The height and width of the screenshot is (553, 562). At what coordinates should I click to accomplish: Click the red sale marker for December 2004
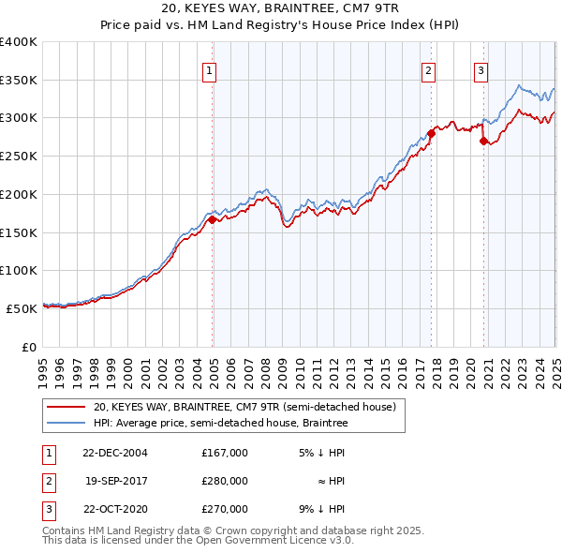pyautogui.click(x=213, y=220)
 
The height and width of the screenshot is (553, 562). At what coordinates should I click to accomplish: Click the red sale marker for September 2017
pyautogui.click(x=432, y=134)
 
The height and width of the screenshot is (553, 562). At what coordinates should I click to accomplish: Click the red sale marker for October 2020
pyautogui.click(x=484, y=142)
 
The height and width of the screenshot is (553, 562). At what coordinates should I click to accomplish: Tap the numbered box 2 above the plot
pyautogui.click(x=428, y=69)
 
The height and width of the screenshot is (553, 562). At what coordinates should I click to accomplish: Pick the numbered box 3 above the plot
pyautogui.click(x=481, y=69)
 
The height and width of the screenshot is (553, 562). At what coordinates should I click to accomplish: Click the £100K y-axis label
pyautogui.click(x=19, y=270)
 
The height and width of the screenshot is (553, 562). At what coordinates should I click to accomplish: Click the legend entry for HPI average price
pyautogui.click(x=220, y=424)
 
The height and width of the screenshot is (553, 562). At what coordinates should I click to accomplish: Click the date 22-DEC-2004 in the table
pyautogui.click(x=116, y=453)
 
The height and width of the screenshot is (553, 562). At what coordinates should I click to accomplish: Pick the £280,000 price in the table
pyautogui.click(x=225, y=481)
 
